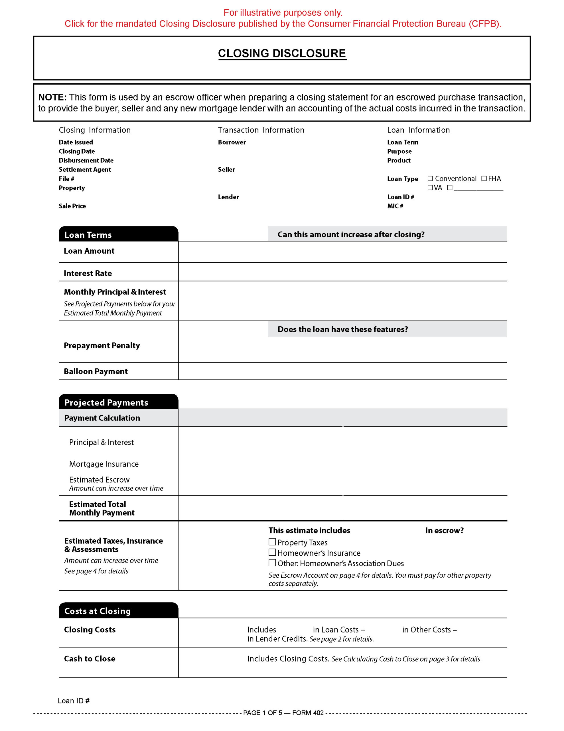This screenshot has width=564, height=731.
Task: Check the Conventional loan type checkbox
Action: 430,178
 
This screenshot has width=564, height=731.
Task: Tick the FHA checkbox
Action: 484,178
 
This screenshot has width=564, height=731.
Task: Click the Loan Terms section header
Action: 88,235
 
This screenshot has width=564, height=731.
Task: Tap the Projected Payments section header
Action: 106,402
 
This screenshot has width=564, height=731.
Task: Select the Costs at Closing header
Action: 97,611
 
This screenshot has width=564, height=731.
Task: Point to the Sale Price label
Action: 72,206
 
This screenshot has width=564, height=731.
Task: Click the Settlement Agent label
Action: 85,169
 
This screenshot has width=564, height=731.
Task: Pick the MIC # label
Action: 395,206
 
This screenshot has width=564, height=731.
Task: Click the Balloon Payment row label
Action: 96,371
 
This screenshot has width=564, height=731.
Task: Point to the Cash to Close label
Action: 90,658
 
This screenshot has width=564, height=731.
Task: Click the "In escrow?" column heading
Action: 444,530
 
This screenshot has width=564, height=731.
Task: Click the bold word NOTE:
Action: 52,97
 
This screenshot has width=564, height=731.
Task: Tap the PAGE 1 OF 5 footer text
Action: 262,713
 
